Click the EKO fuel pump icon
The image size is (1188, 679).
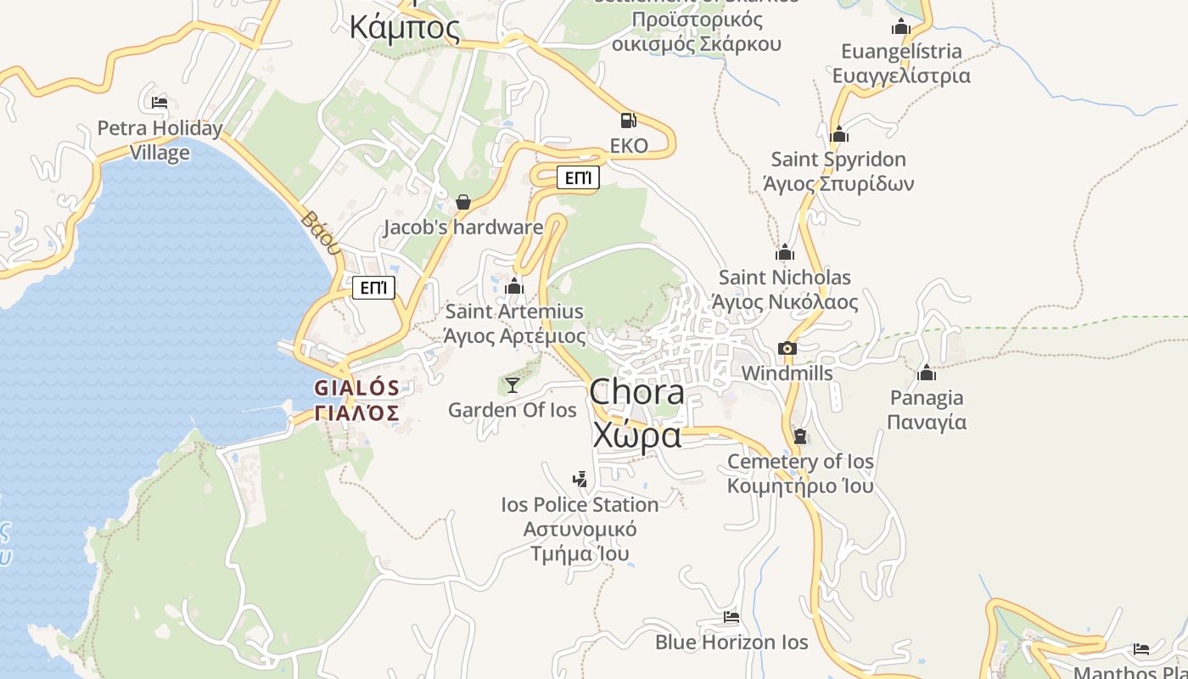click(x=628, y=121)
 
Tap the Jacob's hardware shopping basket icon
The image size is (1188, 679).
click(x=463, y=202)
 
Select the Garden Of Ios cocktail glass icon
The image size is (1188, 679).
click(x=513, y=385)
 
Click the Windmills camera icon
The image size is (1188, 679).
click(x=787, y=348)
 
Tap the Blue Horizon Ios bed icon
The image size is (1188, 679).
click(x=731, y=617)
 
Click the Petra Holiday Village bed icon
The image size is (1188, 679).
click(x=160, y=103)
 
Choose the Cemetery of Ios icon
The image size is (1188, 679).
click(x=800, y=436)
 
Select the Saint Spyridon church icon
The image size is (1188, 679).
click(x=839, y=134)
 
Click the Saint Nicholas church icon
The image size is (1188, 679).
click(x=785, y=252)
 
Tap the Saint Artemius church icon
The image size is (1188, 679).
click(x=514, y=286)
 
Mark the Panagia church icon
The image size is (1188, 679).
click(x=927, y=373)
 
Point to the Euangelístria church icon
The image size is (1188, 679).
click(x=901, y=26)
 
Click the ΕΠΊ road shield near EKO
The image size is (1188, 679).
click(x=578, y=177)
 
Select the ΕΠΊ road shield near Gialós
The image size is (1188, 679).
click(x=374, y=288)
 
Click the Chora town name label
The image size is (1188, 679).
click(x=636, y=392)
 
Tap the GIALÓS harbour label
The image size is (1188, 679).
click(x=356, y=388)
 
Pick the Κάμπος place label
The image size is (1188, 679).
click(x=405, y=27)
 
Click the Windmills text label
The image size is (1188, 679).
click(x=787, y=373)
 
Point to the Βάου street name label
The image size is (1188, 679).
click(x=320, y=232)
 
